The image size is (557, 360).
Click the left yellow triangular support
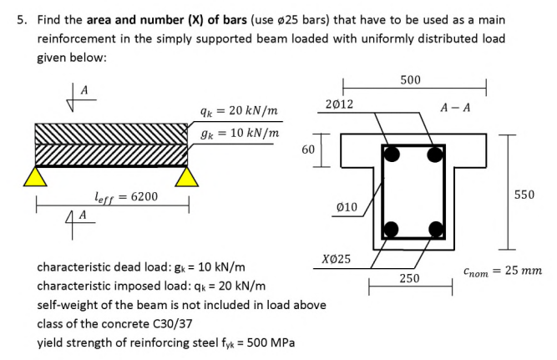(x=34, y=176)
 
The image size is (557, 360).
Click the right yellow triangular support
(x=187, y=176)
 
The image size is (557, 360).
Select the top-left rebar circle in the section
(x=391, y=153)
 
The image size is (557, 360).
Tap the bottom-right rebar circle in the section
(x=434, y=228)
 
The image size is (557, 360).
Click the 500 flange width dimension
(x=410, y=79)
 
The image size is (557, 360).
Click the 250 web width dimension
(x=409, y=278)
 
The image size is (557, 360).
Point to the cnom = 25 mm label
(x=502, y=271)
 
